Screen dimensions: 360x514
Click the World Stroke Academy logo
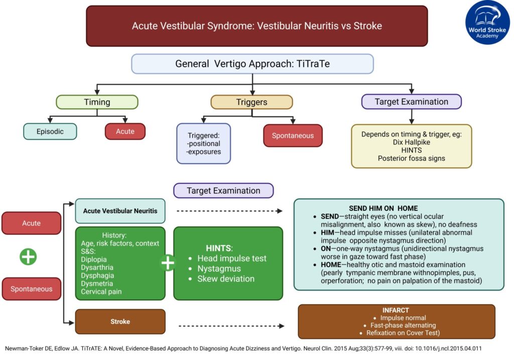click(487, 22)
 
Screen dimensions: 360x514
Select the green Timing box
click(97, 102)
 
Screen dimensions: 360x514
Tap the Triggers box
click(251, 102)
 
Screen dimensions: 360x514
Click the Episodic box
click(50, 132)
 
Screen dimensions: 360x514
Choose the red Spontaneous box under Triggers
click(293, 136)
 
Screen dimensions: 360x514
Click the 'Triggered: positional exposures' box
click(203, 144)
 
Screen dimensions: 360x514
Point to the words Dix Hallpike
click(411, 142)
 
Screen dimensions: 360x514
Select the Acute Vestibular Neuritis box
click(120, 211)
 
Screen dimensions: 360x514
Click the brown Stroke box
click(120, 322)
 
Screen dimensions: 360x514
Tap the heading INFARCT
click(396, 310)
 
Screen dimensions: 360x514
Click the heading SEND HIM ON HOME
click(383, 208)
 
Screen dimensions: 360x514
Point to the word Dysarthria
click(97, 268)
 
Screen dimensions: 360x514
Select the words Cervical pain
click(101, 292)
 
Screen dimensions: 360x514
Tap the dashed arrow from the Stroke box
click(231, 326)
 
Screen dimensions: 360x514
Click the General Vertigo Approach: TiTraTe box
click(252, 64)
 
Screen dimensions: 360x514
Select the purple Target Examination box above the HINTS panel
click(223, 191)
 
